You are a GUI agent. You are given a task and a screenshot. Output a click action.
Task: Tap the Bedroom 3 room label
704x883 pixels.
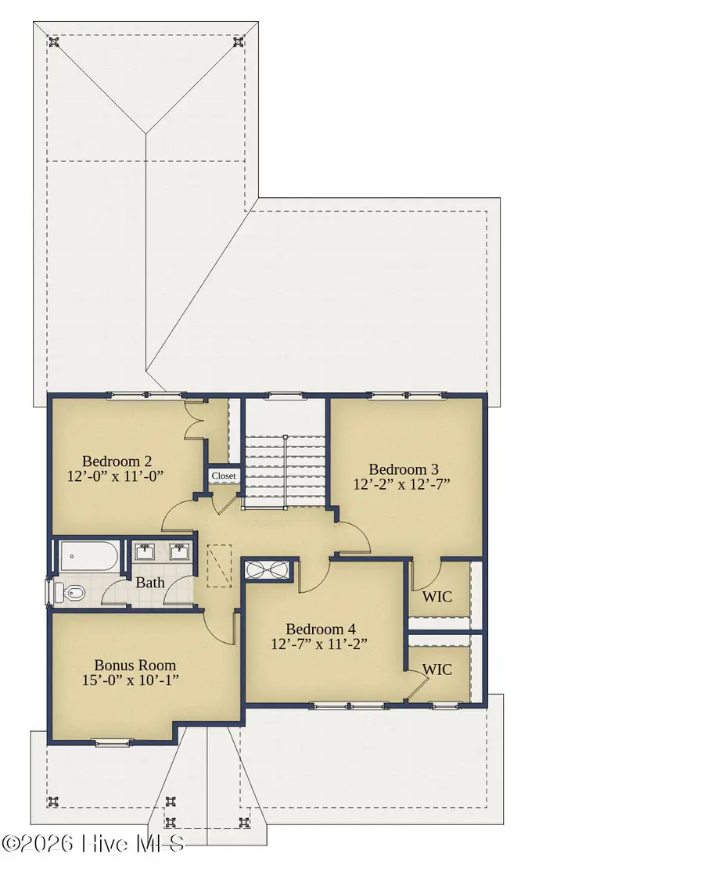(404, 469)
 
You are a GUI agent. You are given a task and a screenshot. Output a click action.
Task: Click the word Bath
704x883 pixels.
(150, 583)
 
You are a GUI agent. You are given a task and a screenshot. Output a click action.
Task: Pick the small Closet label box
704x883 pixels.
(223, 476)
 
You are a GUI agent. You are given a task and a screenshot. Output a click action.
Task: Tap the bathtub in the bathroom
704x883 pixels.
(88, 558)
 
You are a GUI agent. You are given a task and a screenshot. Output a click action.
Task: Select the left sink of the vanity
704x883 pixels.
(145, 553)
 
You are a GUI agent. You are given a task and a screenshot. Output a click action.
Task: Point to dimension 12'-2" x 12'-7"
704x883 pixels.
(404, 484)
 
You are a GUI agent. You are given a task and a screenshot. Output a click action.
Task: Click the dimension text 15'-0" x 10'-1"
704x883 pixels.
(131, 680)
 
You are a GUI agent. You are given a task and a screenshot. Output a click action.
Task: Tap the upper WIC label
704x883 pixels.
(436, 597)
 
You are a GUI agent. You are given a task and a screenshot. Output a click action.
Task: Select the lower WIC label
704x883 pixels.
(436, 669)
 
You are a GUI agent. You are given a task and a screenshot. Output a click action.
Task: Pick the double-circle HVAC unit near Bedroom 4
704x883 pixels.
(269, 570)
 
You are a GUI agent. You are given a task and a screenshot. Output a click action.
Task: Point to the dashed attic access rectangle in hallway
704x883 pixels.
(220, 566)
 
